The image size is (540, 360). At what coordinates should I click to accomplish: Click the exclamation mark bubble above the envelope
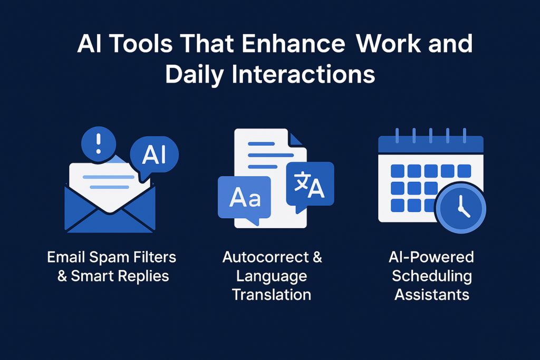tap(99, 142)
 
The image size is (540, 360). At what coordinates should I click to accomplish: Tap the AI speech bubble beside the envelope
tap(154, 154)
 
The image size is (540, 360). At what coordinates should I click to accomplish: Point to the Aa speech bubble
tap(244, 197)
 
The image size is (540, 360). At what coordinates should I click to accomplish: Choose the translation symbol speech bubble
tap(310, 183)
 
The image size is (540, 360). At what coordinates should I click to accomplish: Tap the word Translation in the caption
tap(272, 294)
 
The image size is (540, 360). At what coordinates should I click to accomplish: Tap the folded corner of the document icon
tap(297, 139)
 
